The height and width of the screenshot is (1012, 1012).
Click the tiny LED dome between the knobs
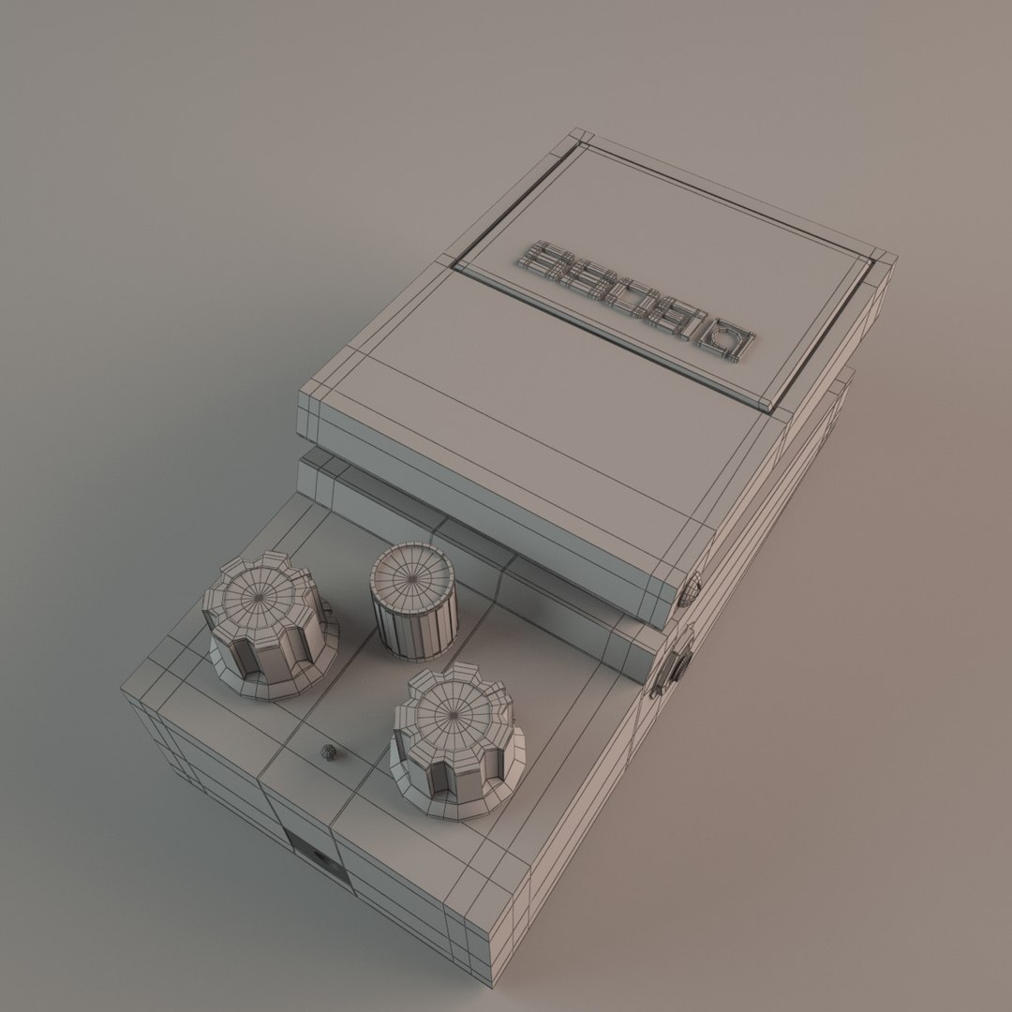click(328, 752)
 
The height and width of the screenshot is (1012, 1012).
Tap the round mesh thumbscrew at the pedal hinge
click(689, 589)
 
